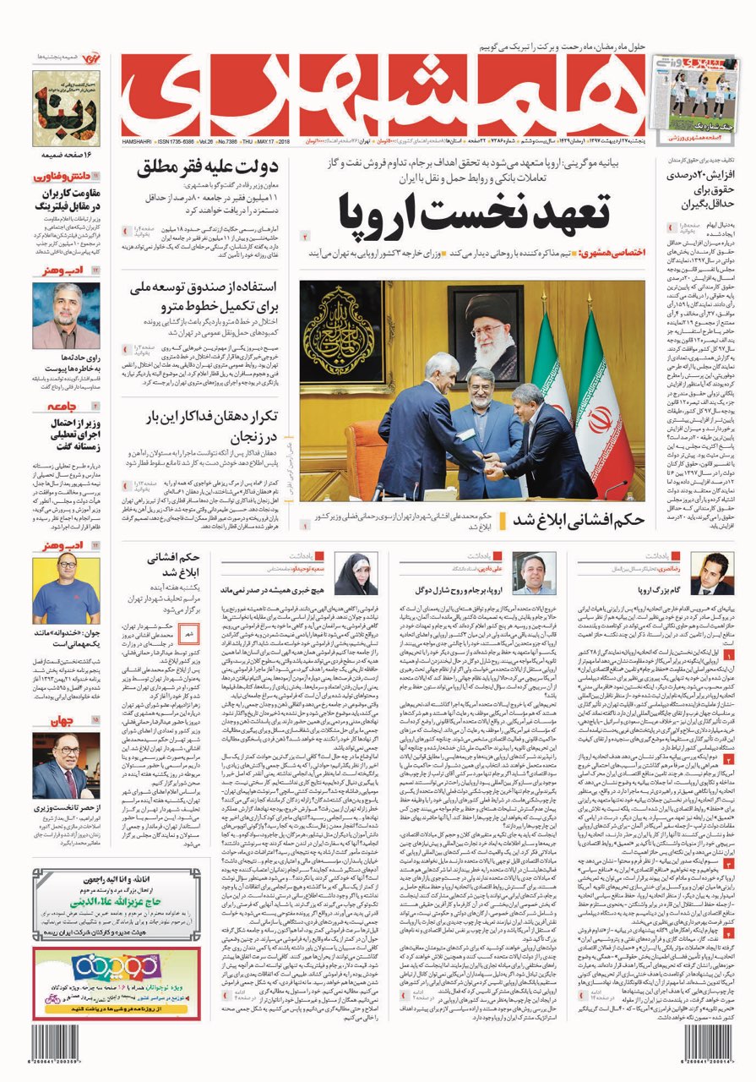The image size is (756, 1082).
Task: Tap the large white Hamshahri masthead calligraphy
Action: (x=383, y=94)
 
